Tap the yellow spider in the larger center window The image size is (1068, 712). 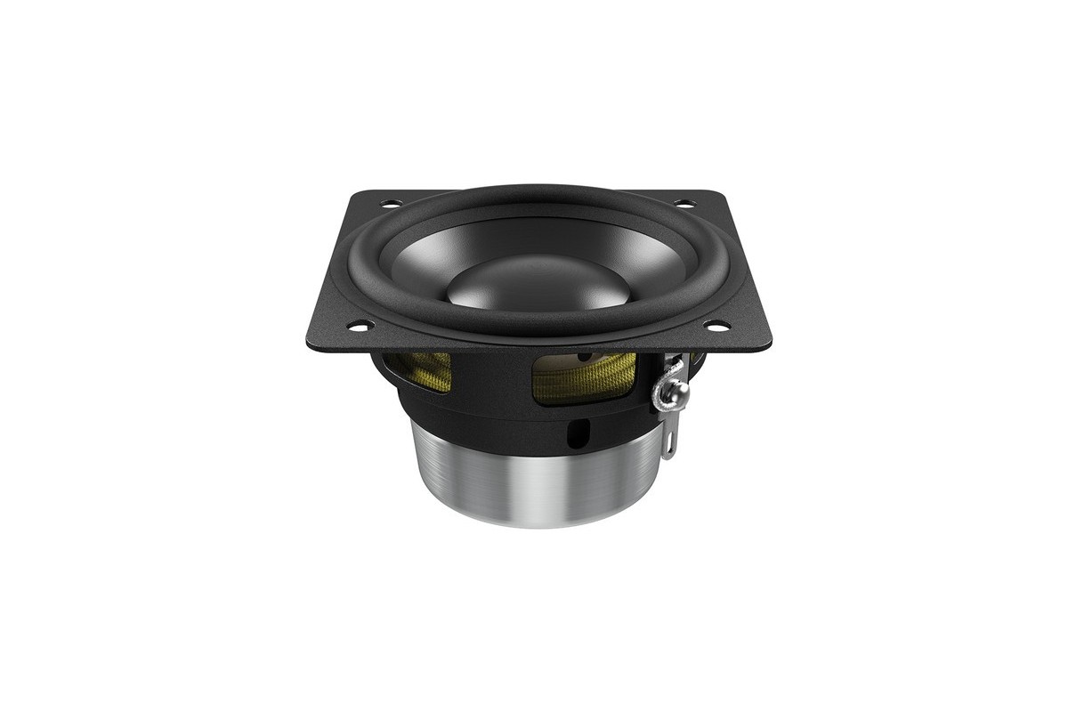click(x=583, y=374)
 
